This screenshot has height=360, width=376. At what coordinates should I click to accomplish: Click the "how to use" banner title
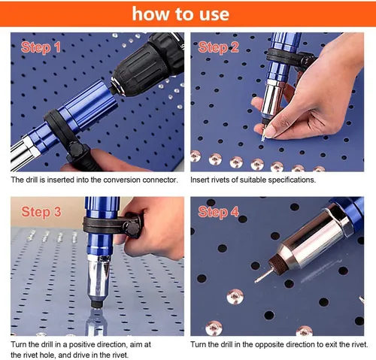point(180,14)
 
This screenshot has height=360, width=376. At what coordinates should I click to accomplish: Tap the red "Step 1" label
point(41,47)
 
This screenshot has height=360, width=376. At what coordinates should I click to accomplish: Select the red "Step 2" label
point(218,47)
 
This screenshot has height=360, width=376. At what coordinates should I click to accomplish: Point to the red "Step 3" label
point(41,212)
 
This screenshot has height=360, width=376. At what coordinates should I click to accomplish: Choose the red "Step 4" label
point(218,212)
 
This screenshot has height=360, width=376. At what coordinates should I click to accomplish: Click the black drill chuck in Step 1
point(148,65)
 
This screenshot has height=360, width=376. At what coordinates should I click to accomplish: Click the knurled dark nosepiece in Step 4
point(277,263)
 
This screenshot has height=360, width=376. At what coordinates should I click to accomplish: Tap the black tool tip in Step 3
point(96,304)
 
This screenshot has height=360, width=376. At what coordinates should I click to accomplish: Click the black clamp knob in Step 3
point(132,228)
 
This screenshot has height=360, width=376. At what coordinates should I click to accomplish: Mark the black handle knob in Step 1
point(77,150)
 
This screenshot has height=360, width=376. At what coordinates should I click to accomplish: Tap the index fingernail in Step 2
point(270,132)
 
